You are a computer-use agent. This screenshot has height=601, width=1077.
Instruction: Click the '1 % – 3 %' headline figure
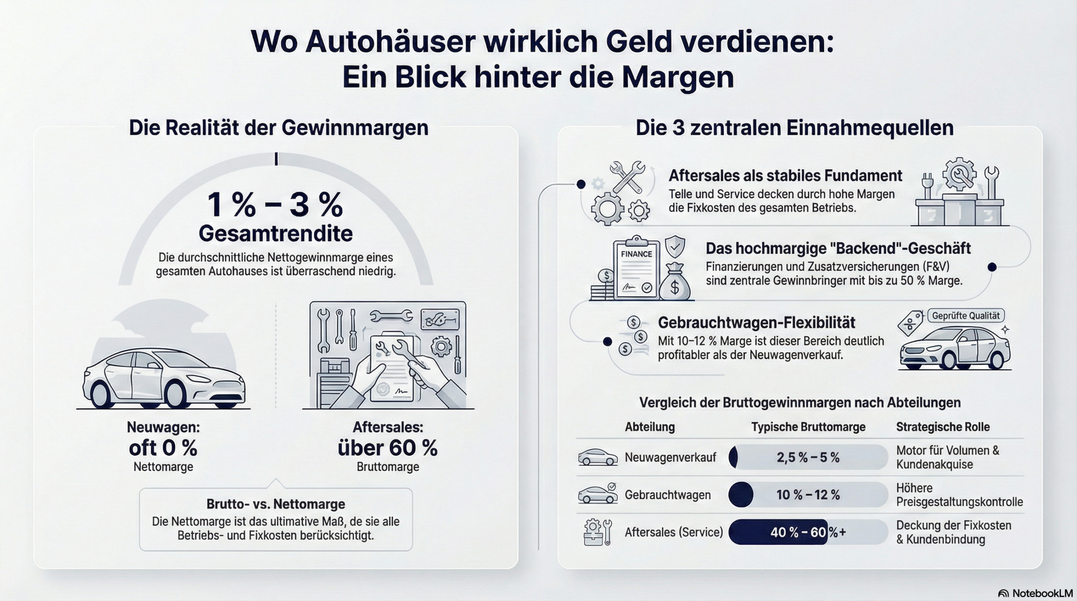[x=275, y=205]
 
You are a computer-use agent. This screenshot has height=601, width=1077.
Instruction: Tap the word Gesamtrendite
[x=276, y=234]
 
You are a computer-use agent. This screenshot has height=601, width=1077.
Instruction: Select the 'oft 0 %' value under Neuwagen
[x=163, y=448]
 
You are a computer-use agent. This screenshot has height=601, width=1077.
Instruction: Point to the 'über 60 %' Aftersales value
[x=387, y=448]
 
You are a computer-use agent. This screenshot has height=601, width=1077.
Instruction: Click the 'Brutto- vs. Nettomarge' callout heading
[x=276, y=504]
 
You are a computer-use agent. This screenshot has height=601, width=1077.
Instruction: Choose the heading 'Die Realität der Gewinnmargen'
[x=279, y=128]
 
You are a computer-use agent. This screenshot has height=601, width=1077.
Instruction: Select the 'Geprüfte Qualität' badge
[x=966, y=316]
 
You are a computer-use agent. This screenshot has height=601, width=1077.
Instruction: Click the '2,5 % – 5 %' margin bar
[x=808, y=458]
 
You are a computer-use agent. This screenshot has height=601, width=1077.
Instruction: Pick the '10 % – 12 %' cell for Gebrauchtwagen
[x=808, y=495]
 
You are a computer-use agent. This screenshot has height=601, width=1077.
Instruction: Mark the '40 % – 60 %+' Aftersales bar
[x=808, y=532]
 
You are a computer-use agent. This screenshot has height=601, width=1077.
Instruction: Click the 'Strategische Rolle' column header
[x=942, y=427]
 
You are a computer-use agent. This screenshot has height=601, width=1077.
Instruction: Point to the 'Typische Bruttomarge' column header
[x=808, y=427]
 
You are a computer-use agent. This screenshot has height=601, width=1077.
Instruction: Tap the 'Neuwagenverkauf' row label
[x=670, y=458]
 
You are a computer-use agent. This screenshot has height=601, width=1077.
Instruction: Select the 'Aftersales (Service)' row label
[x=674, y=532]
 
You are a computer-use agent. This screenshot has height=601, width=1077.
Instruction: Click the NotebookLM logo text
[x=1041, y=593]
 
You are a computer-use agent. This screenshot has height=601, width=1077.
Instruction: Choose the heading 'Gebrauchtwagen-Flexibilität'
[x=756, y=323]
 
